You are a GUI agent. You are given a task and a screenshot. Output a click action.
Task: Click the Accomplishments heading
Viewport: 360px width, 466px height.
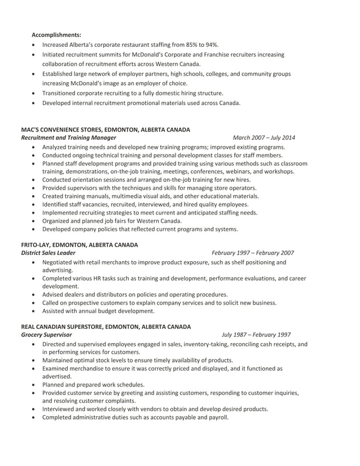pyautogui.click(x=56, y=34)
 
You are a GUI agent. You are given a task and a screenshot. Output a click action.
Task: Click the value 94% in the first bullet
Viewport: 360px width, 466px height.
pyautogui.click(x=211, y=45)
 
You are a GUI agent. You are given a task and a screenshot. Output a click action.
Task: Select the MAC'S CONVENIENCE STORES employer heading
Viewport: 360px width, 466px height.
pyautogui.click(x=106, y=129)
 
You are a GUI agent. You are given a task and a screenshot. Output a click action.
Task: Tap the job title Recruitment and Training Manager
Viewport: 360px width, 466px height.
pyautogui.click(x=68, y=137)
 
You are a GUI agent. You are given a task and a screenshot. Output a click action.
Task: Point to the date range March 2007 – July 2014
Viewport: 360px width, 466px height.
pyautogui.click(x=264, y=137)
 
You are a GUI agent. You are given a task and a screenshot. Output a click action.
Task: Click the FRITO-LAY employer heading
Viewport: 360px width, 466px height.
pyautogui.click(x=80, y=245)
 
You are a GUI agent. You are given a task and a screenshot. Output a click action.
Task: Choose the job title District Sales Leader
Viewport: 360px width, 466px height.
pyautogui.click(x=48, y=253)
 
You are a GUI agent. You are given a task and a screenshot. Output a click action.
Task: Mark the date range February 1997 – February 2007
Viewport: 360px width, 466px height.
pyautogui.click(x=252, y=253)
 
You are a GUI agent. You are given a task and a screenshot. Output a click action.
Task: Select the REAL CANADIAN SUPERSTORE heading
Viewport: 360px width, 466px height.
pyautogui.click(x=106, y=327)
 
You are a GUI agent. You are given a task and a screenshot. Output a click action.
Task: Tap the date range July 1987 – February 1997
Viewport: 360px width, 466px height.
pyautogui.click(x=256, y=335)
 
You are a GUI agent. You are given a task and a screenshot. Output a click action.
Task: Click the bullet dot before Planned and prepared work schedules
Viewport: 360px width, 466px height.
pyautogui.click(x=36, y=385)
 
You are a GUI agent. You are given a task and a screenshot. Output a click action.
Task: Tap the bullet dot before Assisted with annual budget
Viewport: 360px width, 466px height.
pyautogui.click(x=36, y=311)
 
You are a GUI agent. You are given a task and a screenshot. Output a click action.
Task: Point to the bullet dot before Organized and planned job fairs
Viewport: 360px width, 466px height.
pyautogui.click(x=36, y=221)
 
